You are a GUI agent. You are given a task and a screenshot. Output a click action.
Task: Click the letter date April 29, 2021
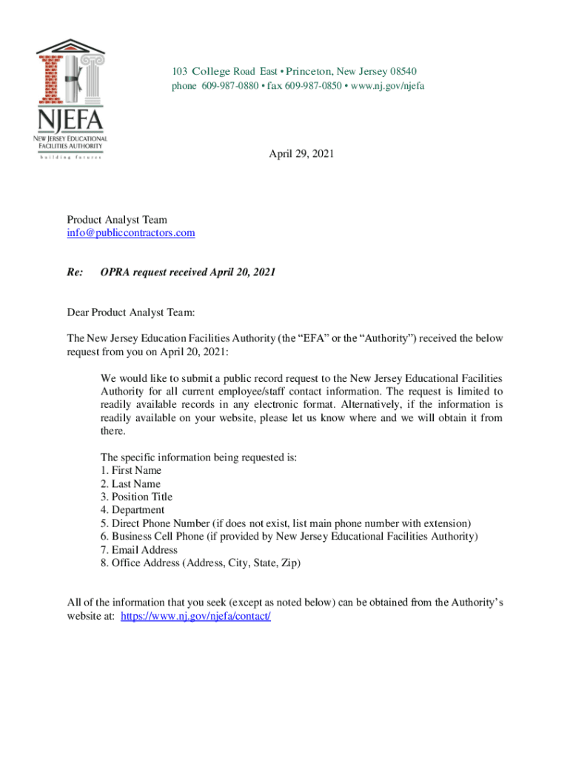301,154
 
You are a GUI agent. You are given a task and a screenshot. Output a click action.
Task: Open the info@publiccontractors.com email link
131,233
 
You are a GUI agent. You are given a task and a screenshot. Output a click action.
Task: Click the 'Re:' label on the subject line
74,272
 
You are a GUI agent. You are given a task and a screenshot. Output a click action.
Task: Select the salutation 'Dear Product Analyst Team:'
130,313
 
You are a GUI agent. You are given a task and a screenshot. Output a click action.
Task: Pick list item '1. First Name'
131,471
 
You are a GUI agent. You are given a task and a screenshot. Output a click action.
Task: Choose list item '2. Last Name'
130,484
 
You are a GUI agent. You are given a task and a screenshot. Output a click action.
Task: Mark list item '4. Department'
133,511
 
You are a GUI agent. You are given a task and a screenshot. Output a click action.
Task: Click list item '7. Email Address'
139,550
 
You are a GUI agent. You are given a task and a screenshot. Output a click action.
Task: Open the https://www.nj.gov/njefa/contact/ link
196,616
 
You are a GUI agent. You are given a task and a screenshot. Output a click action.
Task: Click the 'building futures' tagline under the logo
71,157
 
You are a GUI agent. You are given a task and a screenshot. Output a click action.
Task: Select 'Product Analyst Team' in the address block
117,220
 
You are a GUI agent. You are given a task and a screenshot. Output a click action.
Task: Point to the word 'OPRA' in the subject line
115,272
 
